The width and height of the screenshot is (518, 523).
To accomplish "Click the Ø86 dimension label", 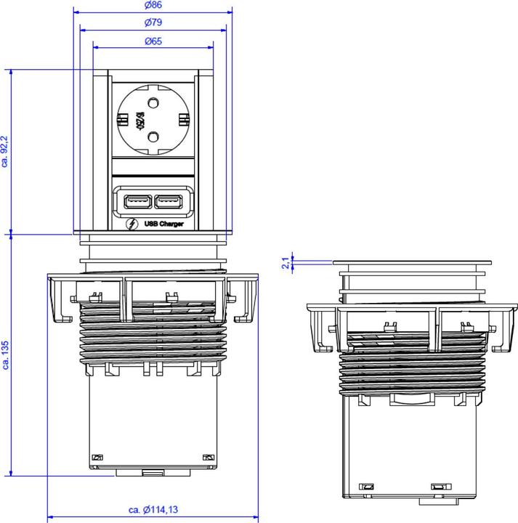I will click(153, 7).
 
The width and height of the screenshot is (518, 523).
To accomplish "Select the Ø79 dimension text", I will click(153, 24).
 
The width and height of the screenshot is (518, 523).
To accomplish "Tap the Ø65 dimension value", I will click(153, 41).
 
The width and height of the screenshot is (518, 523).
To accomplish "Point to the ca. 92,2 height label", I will click(6, 151).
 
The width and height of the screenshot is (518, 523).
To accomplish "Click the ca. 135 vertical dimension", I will click(6, 356).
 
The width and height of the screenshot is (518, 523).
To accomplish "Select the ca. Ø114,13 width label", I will click(153, 510).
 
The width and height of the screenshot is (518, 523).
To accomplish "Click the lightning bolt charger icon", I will click(131, 224).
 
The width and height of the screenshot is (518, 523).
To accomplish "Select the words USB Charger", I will click(163, 224).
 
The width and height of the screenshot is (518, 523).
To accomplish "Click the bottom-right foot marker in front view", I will click(208, 458).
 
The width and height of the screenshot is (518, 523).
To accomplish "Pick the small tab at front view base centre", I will click(153, 474).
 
